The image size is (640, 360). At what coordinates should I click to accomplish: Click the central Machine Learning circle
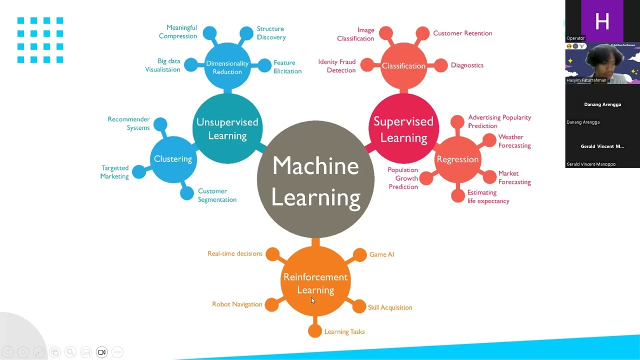click(x=315, y=180)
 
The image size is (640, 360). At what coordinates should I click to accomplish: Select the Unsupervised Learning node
click(x=227, y=128)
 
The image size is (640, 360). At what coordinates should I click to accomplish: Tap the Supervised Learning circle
click(x=403, y=129)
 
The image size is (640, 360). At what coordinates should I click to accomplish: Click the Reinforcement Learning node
click(x=315, y=283)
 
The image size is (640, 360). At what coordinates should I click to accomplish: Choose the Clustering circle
click(x=173, y=159)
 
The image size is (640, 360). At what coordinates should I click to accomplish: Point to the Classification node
click(x=403, y=66)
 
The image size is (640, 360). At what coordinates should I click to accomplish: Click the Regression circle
click(x=457, y=159)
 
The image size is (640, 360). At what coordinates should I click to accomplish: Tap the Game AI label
click(x=381, y=254)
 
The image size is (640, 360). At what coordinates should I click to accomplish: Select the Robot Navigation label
click(x=237, y=304)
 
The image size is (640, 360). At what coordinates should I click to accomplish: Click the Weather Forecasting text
click(x=514, y=141)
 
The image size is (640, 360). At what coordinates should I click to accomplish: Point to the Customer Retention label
click(x=462, y=33)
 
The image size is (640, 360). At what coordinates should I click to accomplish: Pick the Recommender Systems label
click(x=129, y=123)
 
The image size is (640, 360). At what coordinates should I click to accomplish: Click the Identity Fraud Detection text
click(x=337, y=66)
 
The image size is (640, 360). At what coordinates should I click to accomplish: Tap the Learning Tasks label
click(x=344, y=331)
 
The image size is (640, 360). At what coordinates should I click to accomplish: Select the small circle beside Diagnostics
click(x=440, y=65)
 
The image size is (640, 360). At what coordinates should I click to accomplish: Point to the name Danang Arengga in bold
click(x=602, y=104)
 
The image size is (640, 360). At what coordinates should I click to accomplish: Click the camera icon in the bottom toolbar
click(x=101, y=352)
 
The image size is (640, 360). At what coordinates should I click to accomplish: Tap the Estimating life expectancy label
click(x=488, y=196)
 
